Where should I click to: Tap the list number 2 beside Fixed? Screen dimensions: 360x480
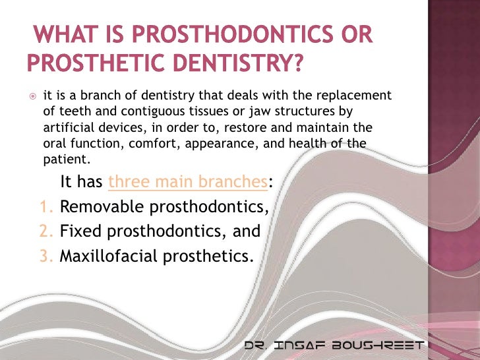point(45,232)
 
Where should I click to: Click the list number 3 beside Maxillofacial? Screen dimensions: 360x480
point(45,256)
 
